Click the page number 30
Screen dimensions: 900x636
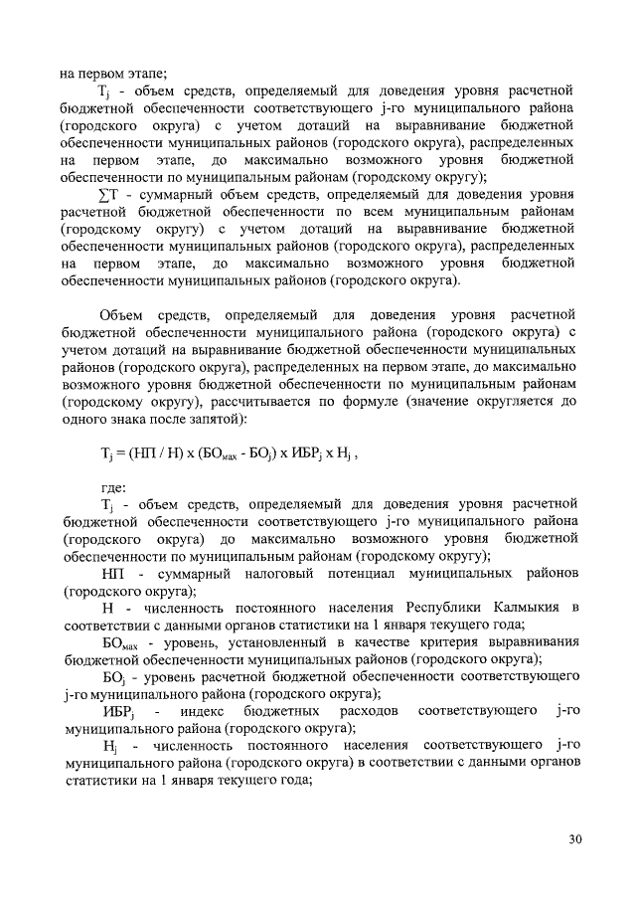pyautogui.click(x=575, y=839)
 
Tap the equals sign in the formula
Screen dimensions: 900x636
pyautogui.click(x=121, y=450)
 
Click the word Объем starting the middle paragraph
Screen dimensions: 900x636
pyautogui.click(x=122, y=314)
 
